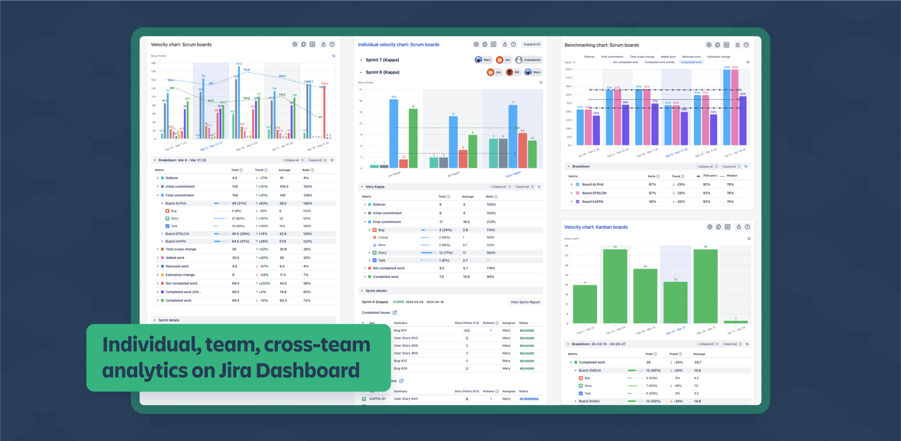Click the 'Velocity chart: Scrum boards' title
click(181, 45)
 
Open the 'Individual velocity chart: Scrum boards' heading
click(398, 45)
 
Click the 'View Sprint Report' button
click(525, 302)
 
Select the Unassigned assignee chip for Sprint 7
click(528, 60)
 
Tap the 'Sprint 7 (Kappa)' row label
click(382, 60)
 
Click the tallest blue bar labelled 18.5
click(393, 132)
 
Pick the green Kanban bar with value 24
click(585, 304)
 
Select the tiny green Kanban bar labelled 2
click(735, 321)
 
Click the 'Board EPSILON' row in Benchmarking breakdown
click(594, 193)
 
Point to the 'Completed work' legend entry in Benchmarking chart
click(691, 62)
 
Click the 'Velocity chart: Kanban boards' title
click(595, 227)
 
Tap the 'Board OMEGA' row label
click(589, 370)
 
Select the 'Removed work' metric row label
click(177, 267)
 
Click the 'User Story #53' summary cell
click(406, 338)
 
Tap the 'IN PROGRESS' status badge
click(529, 399)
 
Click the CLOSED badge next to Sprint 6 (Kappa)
click(398, 302)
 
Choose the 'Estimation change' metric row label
click(180, 275)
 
